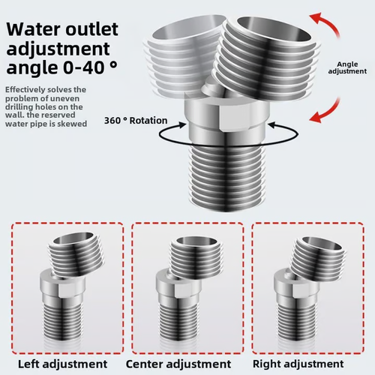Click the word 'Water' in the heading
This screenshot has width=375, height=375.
click(31, 31)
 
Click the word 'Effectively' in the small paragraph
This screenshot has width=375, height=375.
click(23, 90)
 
